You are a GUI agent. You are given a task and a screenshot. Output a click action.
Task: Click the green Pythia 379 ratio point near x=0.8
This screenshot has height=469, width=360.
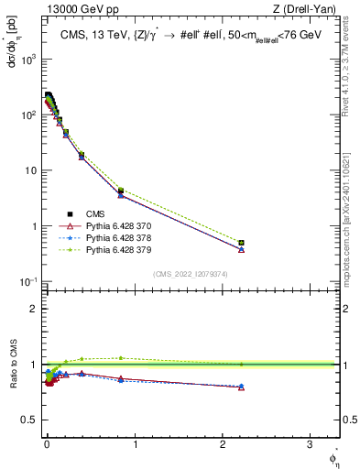click(120, 358)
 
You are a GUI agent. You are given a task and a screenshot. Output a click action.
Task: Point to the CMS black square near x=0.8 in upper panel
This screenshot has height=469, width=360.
click(120, 191)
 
